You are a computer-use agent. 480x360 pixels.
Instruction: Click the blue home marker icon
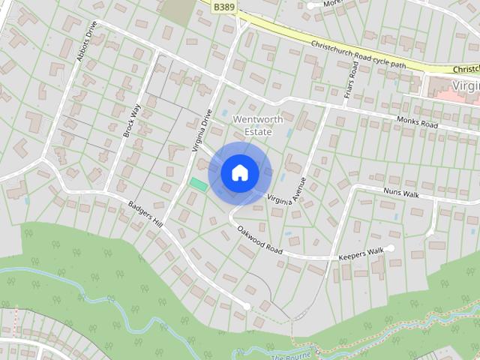tap(240, 173)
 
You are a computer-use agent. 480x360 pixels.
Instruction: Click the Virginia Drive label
tap(202, 130)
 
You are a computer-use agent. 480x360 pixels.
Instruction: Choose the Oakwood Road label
tap(259, 239)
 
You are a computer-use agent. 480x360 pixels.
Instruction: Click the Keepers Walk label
tap(361, 253)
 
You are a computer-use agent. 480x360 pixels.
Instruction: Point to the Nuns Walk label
tap(401, 193)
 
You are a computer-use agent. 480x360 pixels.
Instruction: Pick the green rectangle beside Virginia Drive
tap(199, 183)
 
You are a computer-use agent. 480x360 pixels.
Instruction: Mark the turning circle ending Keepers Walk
tap(391, 248)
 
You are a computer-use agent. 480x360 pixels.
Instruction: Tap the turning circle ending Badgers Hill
tap(247, 306)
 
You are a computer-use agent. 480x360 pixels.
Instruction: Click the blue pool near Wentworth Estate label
tap(290, 133)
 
